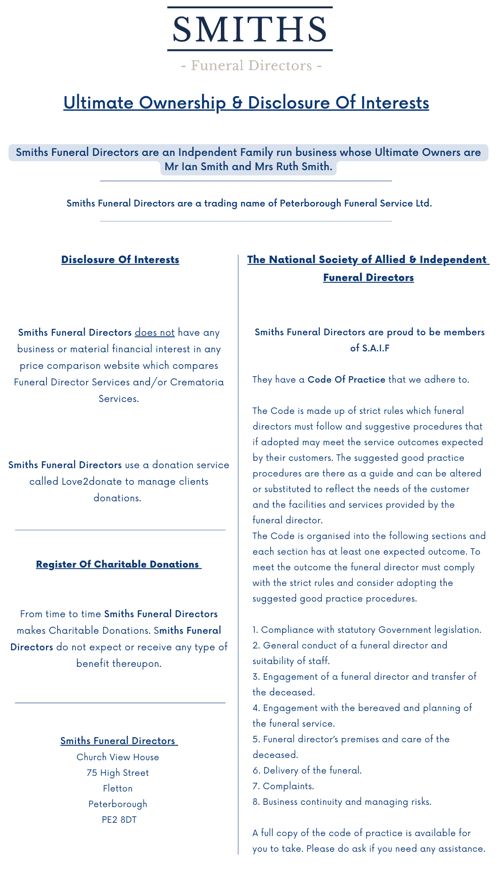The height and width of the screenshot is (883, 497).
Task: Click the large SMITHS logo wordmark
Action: click(x=249, y=29)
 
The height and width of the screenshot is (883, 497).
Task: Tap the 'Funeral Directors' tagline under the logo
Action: click(x=251, y=66)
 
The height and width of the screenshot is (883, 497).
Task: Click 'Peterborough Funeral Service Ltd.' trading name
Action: click(x=356, y=203)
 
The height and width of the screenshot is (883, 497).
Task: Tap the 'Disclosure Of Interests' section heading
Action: click(x=120, y=260)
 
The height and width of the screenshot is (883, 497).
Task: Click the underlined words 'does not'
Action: click(x=155, y=333)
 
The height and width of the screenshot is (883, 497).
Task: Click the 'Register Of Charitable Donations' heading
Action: click(x=118, y=564)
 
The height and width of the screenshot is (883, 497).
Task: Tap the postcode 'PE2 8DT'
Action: click(x=119, y=820)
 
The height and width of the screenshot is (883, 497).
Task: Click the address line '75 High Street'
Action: click(x=118, y=773)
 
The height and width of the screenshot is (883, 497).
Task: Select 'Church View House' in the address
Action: click(x=118, y=757)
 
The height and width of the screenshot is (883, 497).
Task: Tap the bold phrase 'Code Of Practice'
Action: click(x=346, y=379)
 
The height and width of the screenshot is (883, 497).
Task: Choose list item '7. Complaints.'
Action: click(x=283, y=786)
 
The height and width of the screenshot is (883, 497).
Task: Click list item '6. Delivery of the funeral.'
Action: click(x=307, y=770)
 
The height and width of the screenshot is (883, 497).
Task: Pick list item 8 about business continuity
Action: click(x=342, y=802)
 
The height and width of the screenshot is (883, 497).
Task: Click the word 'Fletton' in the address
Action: click(x=118, y=788)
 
